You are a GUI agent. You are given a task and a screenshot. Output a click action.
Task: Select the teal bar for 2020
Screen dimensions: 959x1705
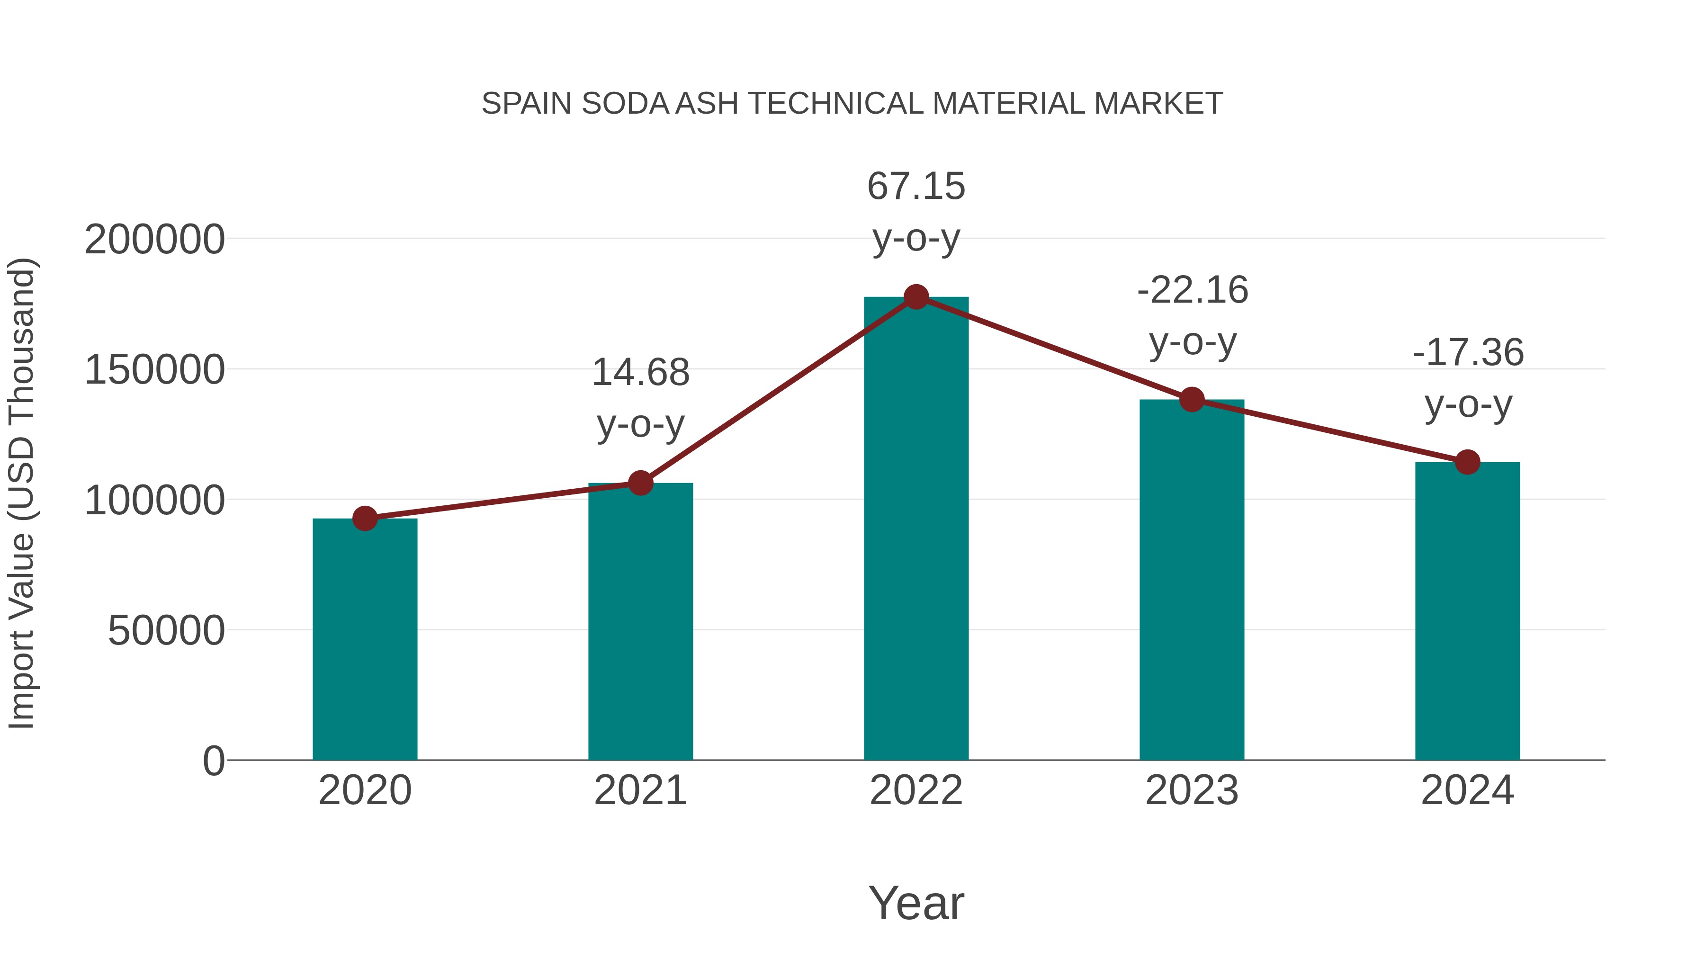[x=365, y=639]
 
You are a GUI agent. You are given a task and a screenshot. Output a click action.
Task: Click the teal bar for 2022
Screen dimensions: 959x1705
[x=916, y=529]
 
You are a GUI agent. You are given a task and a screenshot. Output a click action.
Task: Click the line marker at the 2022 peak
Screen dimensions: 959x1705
[x=916, y=297]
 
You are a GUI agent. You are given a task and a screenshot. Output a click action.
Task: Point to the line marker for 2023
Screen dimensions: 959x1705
[x=1192, y=400]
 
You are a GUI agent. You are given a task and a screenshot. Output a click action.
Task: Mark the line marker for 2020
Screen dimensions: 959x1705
[x=365, y=519]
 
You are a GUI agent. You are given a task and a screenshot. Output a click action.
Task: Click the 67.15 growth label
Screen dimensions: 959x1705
[x=916, y=187]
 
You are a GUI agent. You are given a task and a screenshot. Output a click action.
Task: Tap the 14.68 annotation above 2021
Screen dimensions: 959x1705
[x=640, y=373]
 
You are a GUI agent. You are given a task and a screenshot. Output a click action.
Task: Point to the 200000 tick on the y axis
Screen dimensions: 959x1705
[x=154, y=240]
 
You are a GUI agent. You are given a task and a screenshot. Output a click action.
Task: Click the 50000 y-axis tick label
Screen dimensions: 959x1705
[x=166, y=631]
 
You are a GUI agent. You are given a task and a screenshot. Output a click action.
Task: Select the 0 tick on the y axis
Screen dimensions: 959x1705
[x=213, y=761]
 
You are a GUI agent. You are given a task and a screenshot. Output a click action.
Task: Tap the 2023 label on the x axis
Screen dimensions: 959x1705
[x=1192, y=790]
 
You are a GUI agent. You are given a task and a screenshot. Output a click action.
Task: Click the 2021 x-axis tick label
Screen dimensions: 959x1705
[x=640, y=790]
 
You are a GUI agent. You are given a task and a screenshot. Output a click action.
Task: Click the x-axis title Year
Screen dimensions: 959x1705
[x=916, y=904]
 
